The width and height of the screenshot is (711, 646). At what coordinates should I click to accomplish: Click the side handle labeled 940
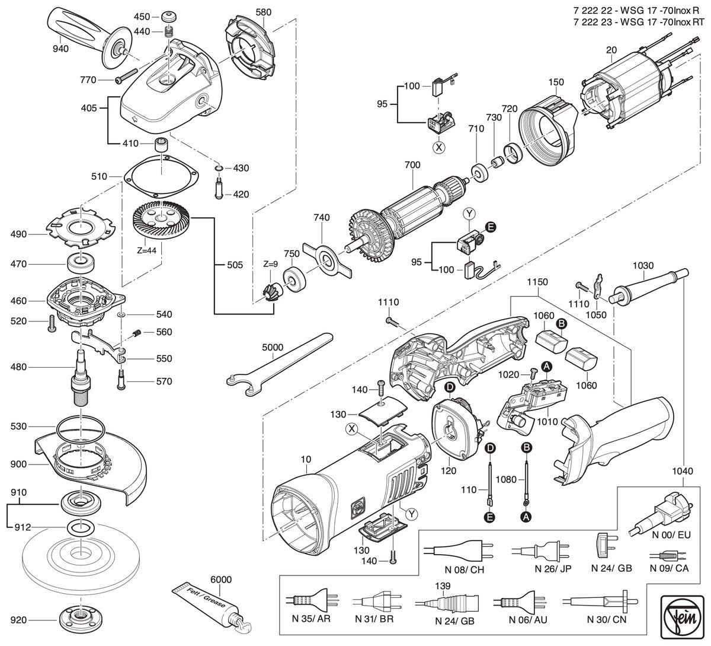coord(89,37)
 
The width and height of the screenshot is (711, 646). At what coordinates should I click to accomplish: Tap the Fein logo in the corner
coord(683,615)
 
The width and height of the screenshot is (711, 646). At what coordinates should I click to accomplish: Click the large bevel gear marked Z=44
coord(161,221)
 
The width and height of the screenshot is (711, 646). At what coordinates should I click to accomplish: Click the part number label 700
coord(412,165)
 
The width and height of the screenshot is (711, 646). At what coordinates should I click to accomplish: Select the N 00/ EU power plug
coord(658,517)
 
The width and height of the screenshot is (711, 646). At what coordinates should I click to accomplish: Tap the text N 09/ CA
coord(669,568)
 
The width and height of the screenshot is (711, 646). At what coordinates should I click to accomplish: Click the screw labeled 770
coord(126,77)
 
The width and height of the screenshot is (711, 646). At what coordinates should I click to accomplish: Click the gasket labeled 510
coord(161,176)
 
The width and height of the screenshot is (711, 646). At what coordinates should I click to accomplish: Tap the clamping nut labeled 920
coord(81,620)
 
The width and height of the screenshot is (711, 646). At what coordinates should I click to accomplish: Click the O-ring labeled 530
coord(81,428)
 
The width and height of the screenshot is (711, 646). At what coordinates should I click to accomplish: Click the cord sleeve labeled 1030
coord(649,286)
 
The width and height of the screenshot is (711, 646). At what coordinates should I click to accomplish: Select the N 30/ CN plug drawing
coord(600,602)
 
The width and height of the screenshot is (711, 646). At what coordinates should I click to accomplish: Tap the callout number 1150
coord(537,282)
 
